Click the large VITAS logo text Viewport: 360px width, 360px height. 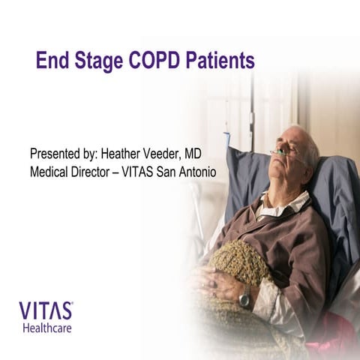tap(46, 310)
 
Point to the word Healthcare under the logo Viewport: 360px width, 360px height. tap(47, 328)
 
